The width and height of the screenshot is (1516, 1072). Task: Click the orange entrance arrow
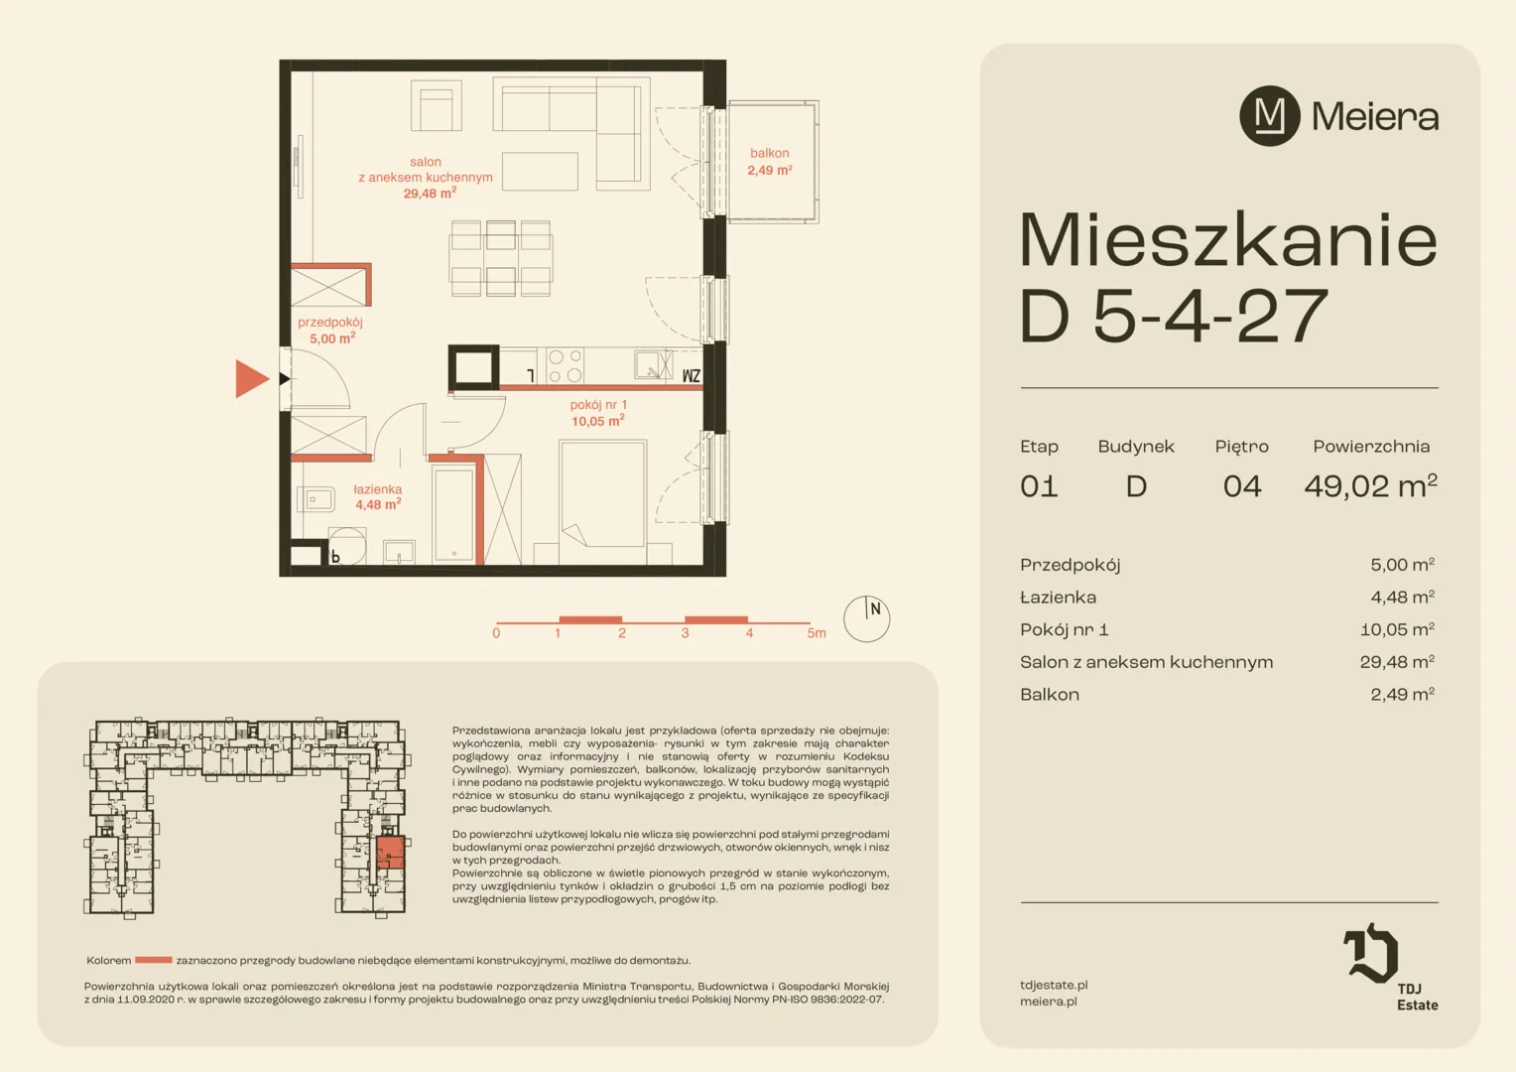pyautogui.click(x=252, y=378)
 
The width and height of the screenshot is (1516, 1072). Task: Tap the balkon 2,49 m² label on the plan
pyautogui.click(x=770, y=162)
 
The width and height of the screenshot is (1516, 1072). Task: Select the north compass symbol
pyautogui.click(x=866, y=618)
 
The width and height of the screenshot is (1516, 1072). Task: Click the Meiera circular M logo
pyautogui.click(x=1270, y=116)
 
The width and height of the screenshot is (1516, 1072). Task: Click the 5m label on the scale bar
pyautogui.click(x=817, y=633)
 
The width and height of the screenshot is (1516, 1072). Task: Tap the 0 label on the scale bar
pyautogui.click(x=496, y=633)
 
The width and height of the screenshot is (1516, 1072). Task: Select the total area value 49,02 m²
pyautogui.click(x=1370, y=485)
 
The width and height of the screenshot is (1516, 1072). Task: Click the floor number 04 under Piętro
pyautogui.click(x=1242, y=486)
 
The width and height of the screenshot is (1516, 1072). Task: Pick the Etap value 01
pyautogui.click(x=1039, y=486)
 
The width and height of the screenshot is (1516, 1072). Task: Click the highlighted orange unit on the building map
pyautogui.click(x=391, y=853)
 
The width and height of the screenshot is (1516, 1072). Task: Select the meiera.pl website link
pyautogui.click(x=1049, y=1002)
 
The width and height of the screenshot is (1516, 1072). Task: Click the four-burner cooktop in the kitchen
pyautogui.click(x=566, y=366)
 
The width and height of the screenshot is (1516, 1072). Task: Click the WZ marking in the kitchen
pyautogui.click(x=691, y=376)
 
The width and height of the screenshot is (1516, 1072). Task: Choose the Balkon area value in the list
pyautogui.click(x=1402, y=694)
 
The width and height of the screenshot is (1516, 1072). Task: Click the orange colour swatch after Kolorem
pyautogui.click(x=154, y=960)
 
